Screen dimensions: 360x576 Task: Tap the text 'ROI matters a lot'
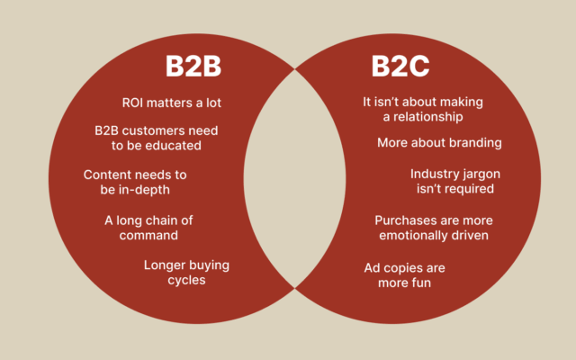(x=171, y=103)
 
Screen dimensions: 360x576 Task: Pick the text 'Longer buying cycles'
(x=186, y=272)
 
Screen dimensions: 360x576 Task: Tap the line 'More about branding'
(x=439, y=142)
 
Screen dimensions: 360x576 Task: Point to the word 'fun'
(x=420, y=283)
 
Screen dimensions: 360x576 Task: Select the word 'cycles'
(x=186, y=279)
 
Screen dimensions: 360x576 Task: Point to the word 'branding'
(x=474, y=142)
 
